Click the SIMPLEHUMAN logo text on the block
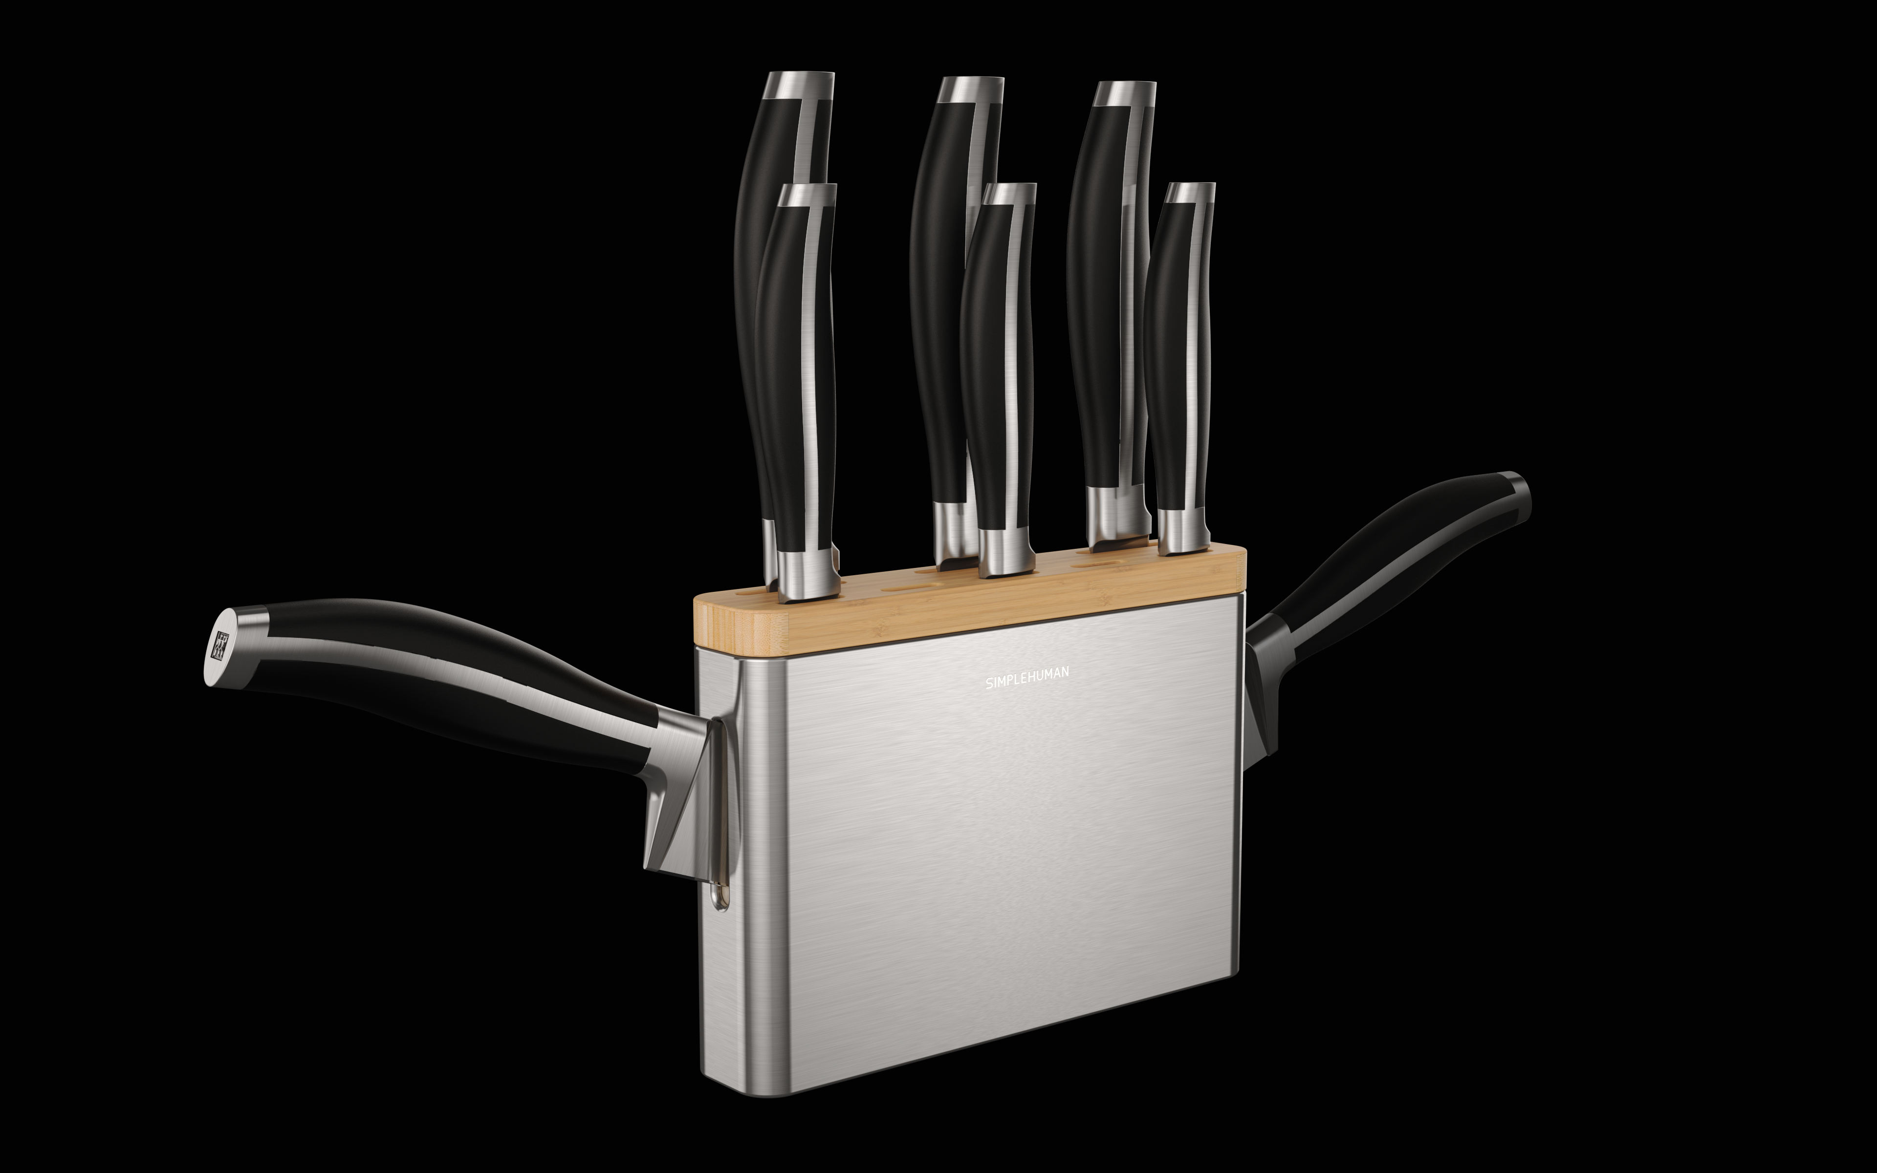click(1027, 678)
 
